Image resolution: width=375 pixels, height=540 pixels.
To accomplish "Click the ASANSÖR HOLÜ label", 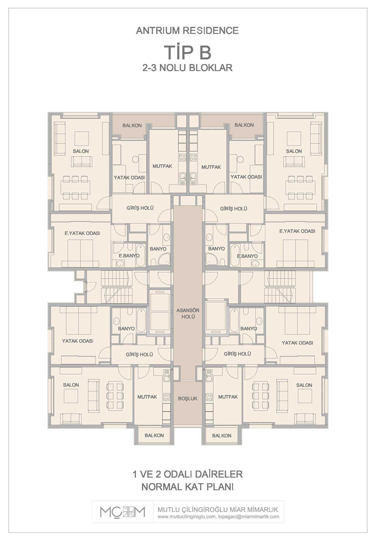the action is pos(188,313).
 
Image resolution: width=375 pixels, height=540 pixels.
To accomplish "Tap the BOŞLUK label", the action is pos(188,398).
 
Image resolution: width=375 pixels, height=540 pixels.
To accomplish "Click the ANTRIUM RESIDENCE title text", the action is pos(187,31).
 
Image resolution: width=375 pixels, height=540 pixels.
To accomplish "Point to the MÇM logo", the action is pos(122,512).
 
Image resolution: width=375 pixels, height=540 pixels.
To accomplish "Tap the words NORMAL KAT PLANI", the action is pos(187,487).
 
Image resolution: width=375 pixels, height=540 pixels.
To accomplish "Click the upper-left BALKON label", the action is pos(132,125).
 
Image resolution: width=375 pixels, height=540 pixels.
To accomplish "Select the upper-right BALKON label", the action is pos(244,125).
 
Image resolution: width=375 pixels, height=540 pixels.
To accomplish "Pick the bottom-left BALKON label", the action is pos(154,435).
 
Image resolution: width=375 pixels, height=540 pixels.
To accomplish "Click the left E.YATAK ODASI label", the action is pos(82,233).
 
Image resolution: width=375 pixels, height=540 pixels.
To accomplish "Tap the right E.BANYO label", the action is pos(247,256).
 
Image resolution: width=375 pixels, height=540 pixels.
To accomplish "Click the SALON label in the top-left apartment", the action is pos(81,151).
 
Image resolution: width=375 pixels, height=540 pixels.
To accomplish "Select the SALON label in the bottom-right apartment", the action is pos(304,385).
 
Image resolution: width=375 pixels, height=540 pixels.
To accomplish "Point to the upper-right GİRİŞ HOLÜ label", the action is pos(234,208).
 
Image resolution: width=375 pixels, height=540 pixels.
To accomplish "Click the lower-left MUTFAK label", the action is pos(147,397).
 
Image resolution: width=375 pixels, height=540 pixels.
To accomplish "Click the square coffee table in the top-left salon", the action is pos(82,139).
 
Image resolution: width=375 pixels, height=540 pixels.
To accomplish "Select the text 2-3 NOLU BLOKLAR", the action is pos(187,68).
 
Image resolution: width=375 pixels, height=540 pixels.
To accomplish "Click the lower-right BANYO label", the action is pos(248,328).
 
